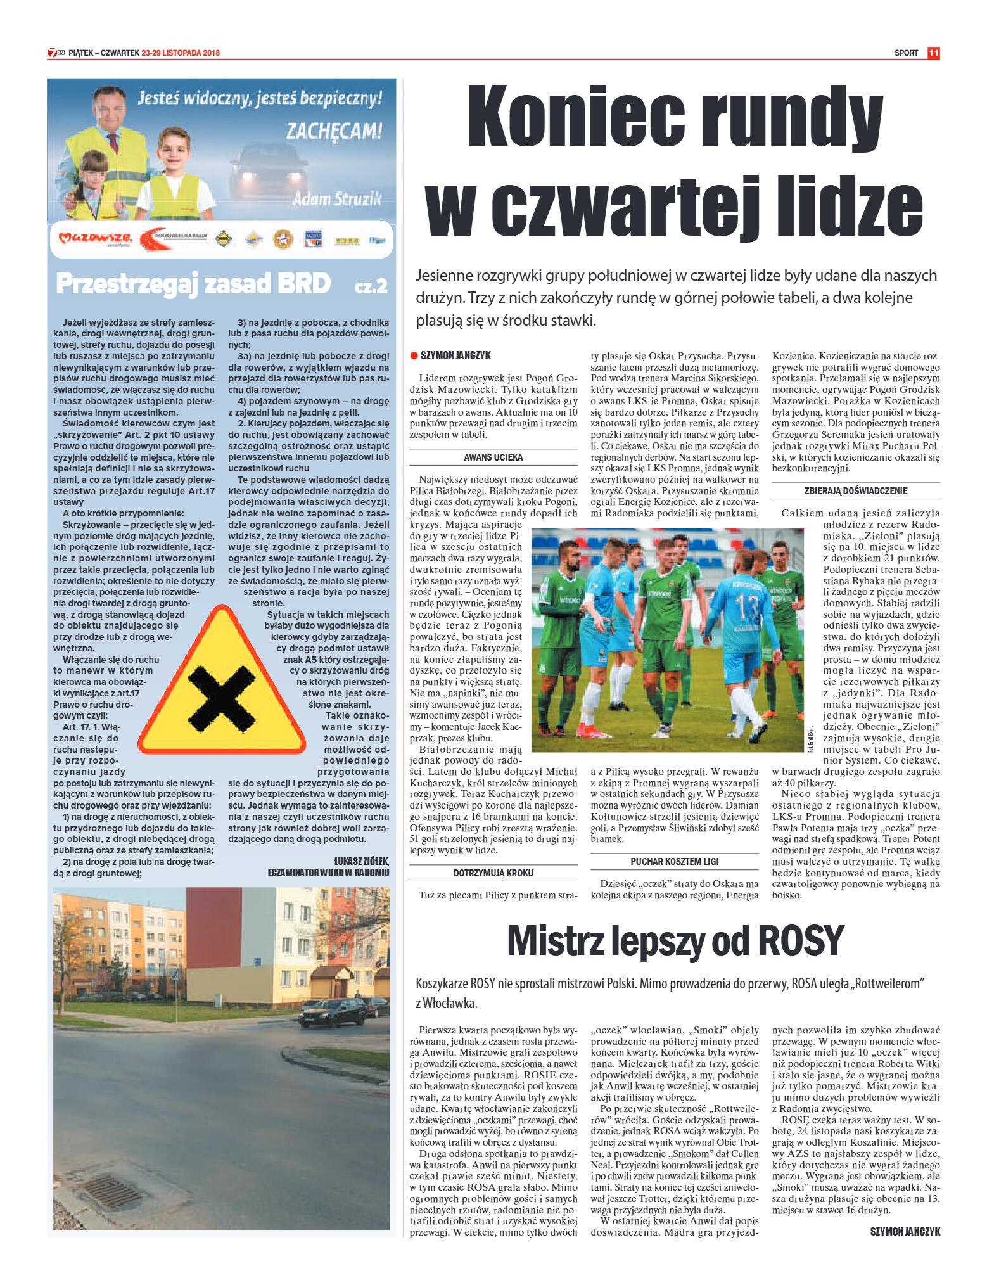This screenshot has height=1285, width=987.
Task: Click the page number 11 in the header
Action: pos(933,53)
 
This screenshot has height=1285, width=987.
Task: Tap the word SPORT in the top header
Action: pos(906,53)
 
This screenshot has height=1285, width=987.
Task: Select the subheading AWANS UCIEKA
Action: pos(493,457)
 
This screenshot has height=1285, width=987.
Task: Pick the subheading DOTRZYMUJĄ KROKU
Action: pos(493,873)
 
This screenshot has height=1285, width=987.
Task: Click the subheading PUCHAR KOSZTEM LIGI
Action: pos(674,861)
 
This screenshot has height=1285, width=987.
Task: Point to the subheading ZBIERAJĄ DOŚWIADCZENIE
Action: pos(855,490)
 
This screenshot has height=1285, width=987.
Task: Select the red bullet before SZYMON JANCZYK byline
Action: pos(414,355)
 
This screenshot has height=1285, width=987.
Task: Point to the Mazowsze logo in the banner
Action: pos(95,239)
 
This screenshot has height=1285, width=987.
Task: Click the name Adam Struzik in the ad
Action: pos(336,199)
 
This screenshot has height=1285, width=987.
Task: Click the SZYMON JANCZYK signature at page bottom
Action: pos(905,1231)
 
